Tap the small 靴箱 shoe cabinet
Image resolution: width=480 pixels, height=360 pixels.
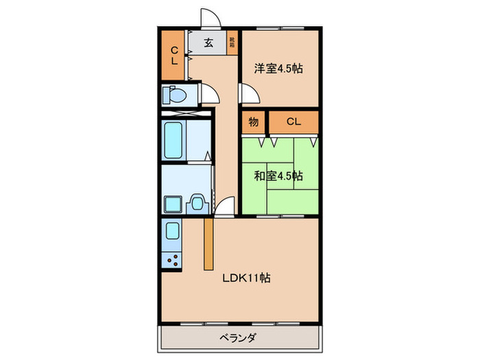[x=232, y=43]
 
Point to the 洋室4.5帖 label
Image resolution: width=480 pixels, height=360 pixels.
[x=279, y=69]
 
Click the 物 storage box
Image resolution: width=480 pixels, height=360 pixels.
[x=253, y=122]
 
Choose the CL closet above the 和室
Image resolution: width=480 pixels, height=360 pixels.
[x=293, y=122]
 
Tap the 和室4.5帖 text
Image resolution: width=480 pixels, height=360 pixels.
[x=278, y=176]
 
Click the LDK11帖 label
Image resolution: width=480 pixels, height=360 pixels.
[x=244, y=278]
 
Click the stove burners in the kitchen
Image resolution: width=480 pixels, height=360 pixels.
[x=171, y=260]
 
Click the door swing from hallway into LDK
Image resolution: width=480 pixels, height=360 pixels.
[x=224, y=206]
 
